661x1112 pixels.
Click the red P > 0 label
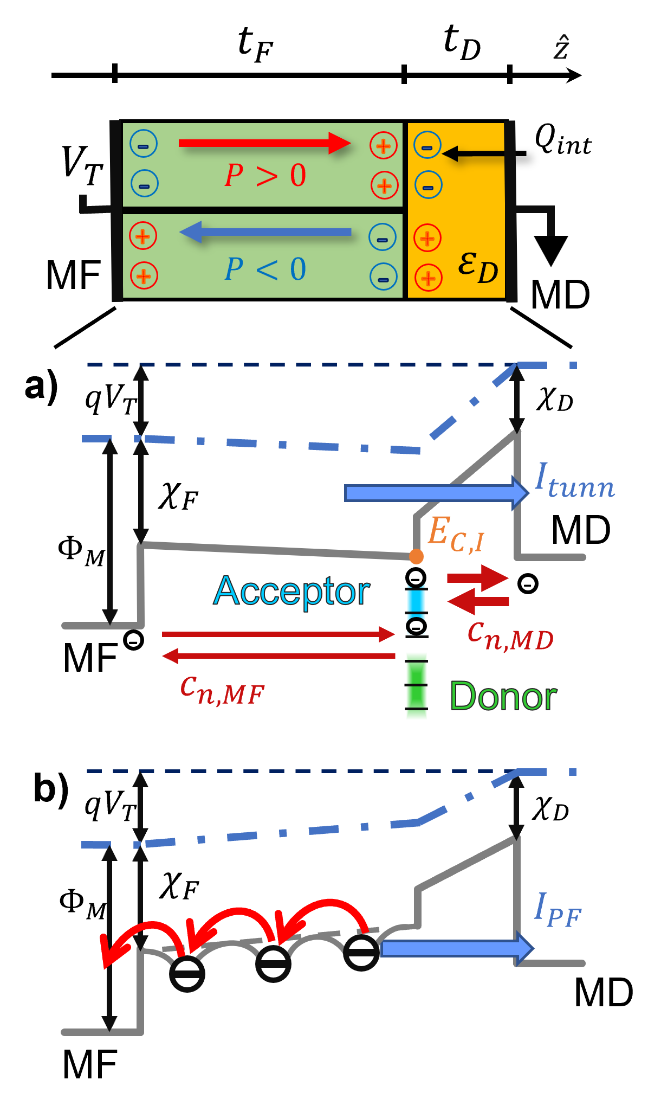(x=265, y=176)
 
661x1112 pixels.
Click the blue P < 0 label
(x=265, y=269)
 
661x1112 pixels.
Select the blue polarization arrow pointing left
(x=265, y=233)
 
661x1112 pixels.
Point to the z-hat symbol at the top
(x=561, y=48)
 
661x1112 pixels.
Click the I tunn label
(x=574, y=481)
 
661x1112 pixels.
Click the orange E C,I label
(x=455, y=533)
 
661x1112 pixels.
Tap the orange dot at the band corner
(x=416, y=556)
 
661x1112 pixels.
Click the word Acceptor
(x=292, y=591)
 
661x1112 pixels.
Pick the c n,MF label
(x=222, y=691)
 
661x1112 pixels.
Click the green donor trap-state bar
(x=417, y=686)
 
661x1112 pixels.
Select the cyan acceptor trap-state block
(x=416, y=601)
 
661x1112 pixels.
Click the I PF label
(x=557, y=909)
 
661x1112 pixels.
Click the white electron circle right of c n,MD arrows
(x=528, y=584)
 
